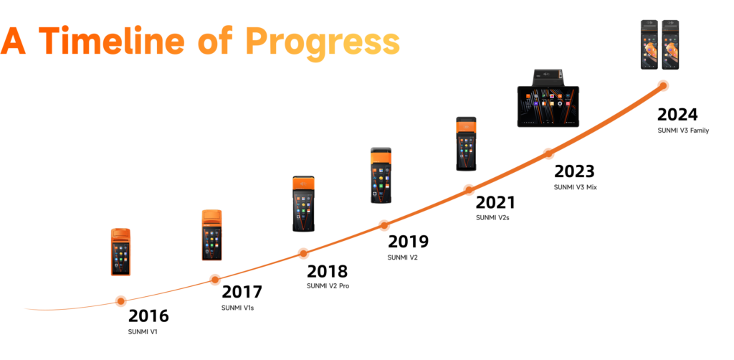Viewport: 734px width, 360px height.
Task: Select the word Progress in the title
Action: pyautogui.click(x=323, y=43)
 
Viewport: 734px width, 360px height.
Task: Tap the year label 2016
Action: pyautogui.click(x=148, y=316)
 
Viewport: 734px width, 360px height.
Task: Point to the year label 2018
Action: pyautogui.click(x=327, y=272)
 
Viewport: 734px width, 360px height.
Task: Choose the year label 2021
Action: pyautogui.click(x=495, y=203)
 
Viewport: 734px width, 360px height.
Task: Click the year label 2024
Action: pyautogui.click(x=677, y=115)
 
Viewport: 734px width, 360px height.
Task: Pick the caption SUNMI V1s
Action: pyautogui.click(x=237, y=308)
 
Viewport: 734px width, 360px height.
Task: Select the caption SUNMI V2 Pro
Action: pyautogui.click(x=328, y=285)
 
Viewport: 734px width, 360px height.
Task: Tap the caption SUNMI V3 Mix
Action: pyautogui.click(x=576, y=187)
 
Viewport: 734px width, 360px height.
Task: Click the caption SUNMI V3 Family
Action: pyautogui.click(x=683, y=131)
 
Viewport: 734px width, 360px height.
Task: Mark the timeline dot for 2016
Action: pyautogui.click(x=120, y=301)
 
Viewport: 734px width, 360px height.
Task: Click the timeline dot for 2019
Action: pyautogui.click(x=384, y=225)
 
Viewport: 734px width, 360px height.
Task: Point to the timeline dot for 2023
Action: pyautogui.click(x=548, y=153)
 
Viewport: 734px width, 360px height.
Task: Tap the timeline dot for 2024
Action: pyautogui.click(x=663, y=85)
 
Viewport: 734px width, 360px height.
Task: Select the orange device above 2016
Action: pyautogui.click(x=120, y=252)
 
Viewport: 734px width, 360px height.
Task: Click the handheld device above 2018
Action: pyautogui.click(x=303, y=204)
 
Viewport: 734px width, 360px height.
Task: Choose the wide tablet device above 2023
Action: pyautogui.click(x=548, y=98)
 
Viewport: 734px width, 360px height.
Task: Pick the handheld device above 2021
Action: pyautogui.click(x=466, y=143)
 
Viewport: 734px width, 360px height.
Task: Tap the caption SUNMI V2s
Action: pyautogui.click(x=492, y=217)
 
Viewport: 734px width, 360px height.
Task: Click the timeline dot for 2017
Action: pyautogui.click(x=215, y=280)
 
